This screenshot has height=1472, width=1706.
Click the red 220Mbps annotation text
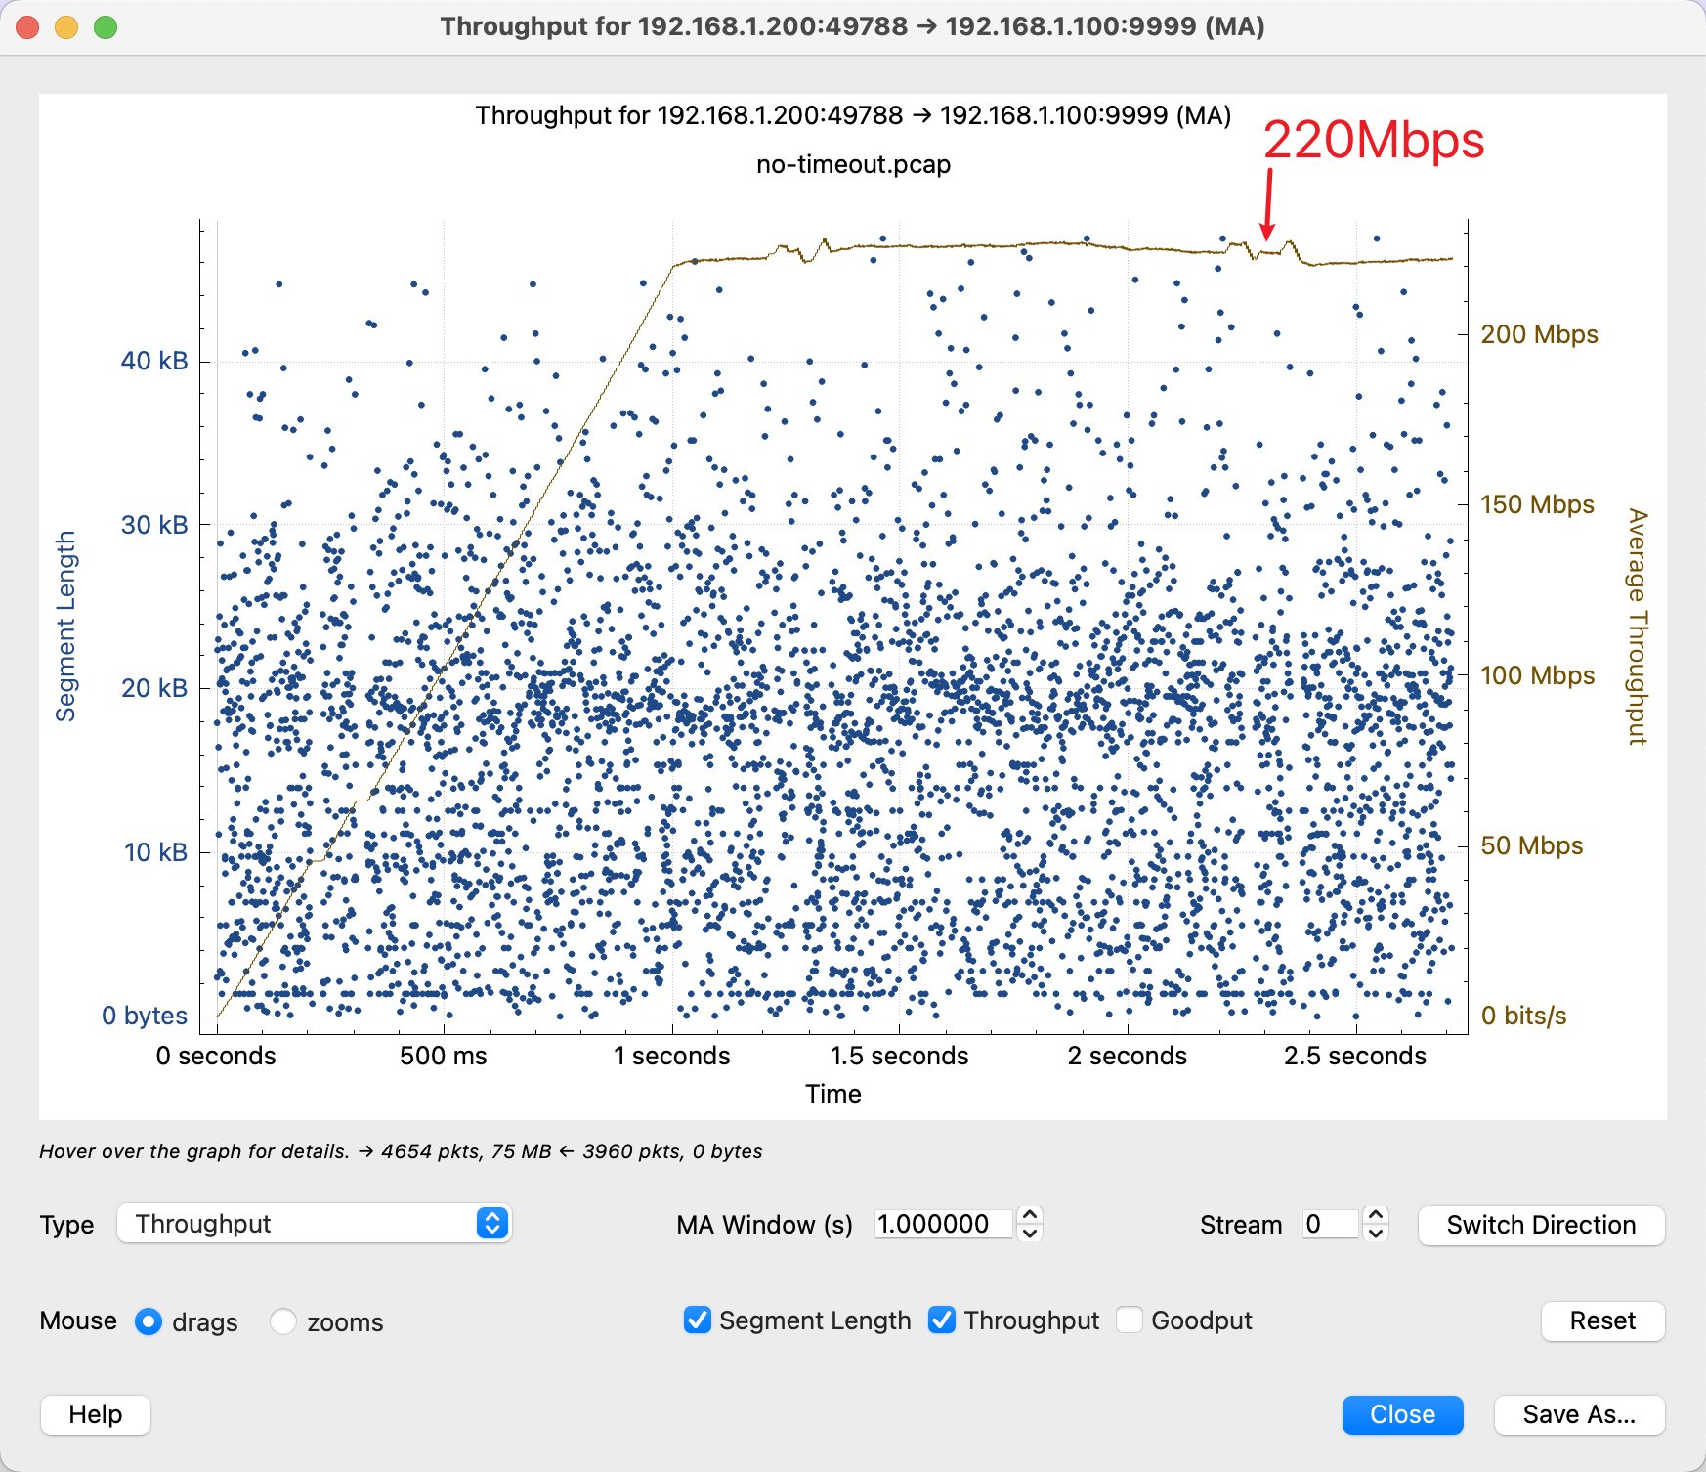click(x=1373, y=141)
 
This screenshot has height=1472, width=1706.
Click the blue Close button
click(x=1402, y=1414)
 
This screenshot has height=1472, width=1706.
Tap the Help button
click(x=96, y=1414)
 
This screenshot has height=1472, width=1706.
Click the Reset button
click(x=1602, y=1320)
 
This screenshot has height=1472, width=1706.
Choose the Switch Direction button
click(x=1541, y=1225)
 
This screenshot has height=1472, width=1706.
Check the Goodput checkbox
click(x=1130, y=1320)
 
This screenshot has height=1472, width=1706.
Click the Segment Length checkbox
click(x=698, y=1320)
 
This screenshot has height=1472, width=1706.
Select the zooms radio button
click(x=283, y=1321)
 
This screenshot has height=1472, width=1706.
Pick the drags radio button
click(x=149, y=1321)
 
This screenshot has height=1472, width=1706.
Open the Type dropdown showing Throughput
click(x=314, y=1224)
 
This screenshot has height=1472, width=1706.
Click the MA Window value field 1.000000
click(x=942, y=1224)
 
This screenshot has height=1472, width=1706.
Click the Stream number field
click(x=1330, y=1224)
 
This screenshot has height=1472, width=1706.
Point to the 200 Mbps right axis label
click(x=1539, y=334)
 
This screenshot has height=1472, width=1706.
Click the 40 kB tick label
click(x=154, y=361)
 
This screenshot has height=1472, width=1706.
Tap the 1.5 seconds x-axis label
click(x=899, y=1056)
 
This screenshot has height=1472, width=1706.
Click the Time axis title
click(x=833, y=1094)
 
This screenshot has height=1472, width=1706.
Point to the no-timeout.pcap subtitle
click(x=853, y=164)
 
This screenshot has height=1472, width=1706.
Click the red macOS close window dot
click(x=28, y=27)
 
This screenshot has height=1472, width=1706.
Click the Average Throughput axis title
click(x=1638, y=627)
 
